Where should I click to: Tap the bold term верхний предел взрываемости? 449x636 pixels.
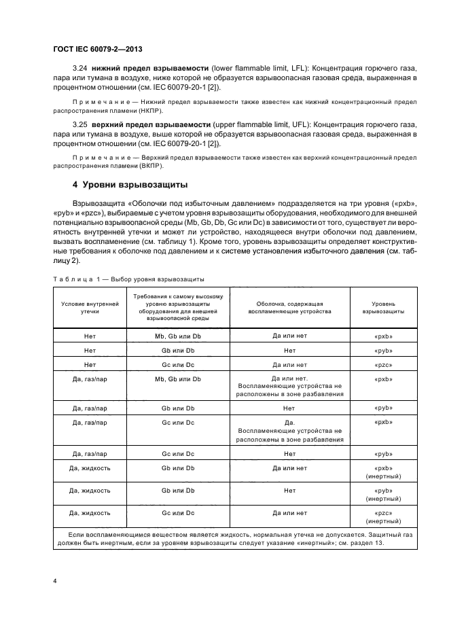coord(143,126)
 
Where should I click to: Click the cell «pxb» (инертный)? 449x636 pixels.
coord(384,472)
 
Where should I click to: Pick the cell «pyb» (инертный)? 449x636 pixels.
coord(384,494)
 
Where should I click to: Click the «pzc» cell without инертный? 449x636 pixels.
coord(384,365)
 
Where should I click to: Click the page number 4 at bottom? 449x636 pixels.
coord(54,581)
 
